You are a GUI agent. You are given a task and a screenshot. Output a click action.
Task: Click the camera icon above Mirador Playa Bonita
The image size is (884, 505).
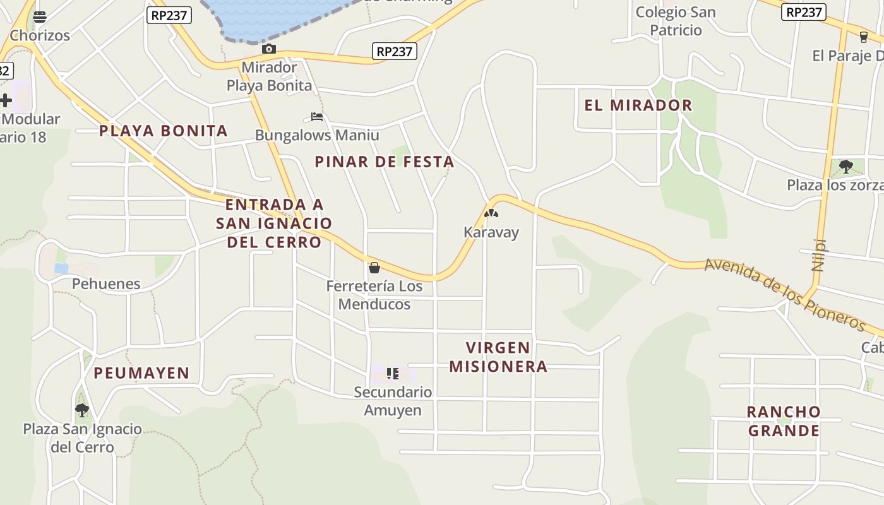(x=269, y=49)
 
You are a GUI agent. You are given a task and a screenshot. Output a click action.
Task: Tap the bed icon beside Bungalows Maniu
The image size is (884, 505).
(x=317, y=116)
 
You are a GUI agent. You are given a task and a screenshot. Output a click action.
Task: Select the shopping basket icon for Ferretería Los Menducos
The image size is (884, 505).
(x=374, y=268)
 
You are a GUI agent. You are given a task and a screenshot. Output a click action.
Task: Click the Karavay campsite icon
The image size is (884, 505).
(x=491, y=213)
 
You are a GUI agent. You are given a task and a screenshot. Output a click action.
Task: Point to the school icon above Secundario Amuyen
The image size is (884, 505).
(x=393, y=374)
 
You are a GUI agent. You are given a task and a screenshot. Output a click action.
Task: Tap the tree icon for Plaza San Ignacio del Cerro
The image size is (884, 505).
(x=82, y=410)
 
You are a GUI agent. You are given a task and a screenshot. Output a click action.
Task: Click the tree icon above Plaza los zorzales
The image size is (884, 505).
(x=846, y=167)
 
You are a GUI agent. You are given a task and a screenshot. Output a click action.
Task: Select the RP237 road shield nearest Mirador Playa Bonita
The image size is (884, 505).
(x=395, y=51)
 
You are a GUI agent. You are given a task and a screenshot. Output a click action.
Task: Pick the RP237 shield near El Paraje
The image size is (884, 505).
(x=804, y=12)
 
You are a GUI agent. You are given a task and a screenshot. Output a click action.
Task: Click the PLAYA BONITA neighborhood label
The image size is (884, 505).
(x=164, y=131)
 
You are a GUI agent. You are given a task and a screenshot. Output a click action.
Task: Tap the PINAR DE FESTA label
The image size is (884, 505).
(x=385, y=162)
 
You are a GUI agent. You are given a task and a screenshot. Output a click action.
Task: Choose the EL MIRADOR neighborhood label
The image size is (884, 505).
(x=638, y=105)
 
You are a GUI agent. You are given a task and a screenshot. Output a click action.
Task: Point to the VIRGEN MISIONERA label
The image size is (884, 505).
(x=498, y=357)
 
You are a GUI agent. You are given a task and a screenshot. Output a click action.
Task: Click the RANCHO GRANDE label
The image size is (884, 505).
(x=784, y=421)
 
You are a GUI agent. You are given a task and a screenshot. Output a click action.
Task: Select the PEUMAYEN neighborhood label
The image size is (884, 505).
(x=141, y=373)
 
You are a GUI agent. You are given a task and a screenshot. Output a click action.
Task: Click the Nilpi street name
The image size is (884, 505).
(x=819, y=254)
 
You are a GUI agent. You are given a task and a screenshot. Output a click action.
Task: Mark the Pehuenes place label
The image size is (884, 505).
(x=106, y=283)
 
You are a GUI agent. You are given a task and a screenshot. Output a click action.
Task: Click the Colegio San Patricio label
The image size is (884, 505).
(x=676, y=21)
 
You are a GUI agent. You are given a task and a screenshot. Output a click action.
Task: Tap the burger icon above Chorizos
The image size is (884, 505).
(x=40, y=16)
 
